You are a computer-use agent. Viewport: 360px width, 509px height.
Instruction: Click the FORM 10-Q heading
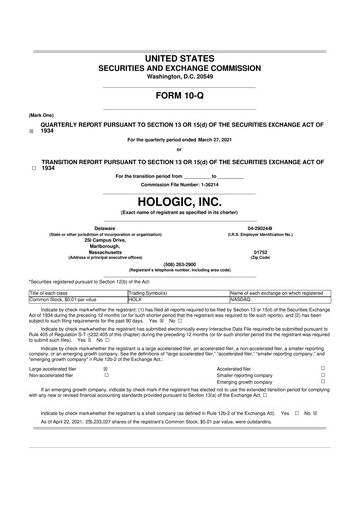(x=180, y=96)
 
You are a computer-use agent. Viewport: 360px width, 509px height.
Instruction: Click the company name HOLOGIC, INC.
(x=180, y=200)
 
